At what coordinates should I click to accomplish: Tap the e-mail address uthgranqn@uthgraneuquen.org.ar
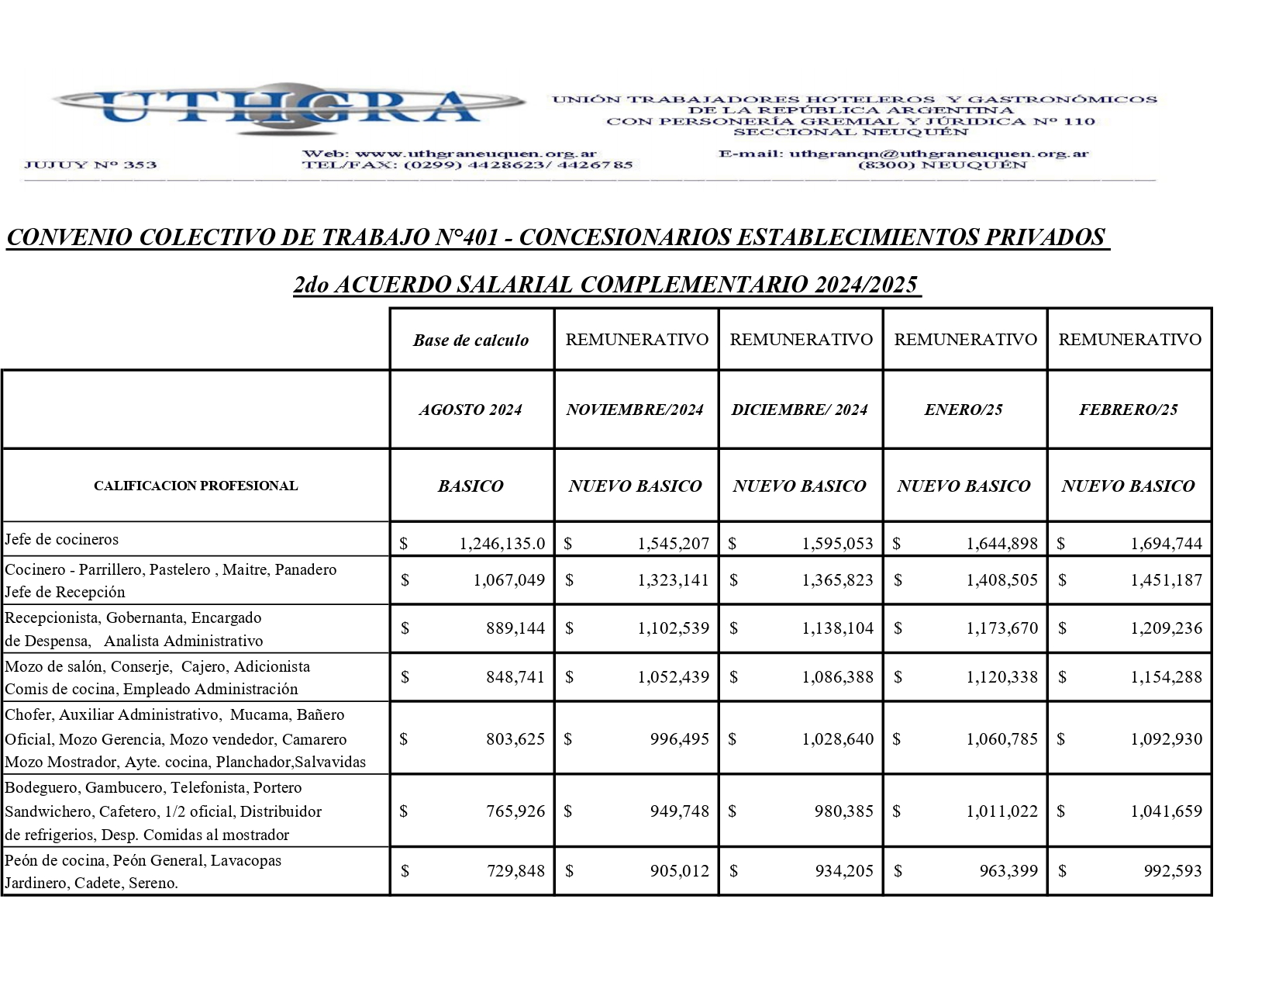(x=939, y=154)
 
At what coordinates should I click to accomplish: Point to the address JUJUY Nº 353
(x=91, y=164)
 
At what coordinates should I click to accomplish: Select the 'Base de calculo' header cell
(x=471, y=341)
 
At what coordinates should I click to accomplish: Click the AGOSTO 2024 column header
(x=471, y=410)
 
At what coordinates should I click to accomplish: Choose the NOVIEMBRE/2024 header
(x=635, y=410)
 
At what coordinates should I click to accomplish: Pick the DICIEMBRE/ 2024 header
(x=799, y=410)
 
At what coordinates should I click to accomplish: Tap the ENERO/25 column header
(x=964, y=410)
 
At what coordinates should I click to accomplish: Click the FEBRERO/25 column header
(x=1128, y=410)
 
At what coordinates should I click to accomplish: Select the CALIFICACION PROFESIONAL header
(x=195, y=486)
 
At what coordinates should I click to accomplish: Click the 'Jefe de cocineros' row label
(x=62, y=539)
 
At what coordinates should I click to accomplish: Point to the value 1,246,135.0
(x=502, y=544)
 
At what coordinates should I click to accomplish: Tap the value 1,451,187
(x=1166, y=580)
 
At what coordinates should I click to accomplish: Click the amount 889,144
(x=515, y=628)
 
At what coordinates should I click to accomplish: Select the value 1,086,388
(x=837, y=677)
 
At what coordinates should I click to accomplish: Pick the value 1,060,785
(x=1001, y=739)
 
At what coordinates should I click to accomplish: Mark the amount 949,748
(x=679, y=811)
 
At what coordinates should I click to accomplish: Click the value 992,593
(x=1173, y=871)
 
